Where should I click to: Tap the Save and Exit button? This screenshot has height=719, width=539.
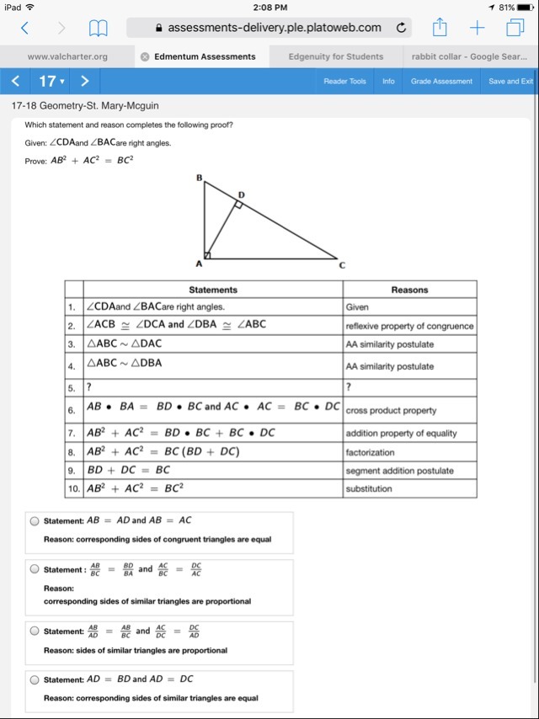pyautogui.click(x=510, y=82)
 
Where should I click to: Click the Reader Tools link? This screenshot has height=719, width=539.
pyautogui.click(x=344, y=82)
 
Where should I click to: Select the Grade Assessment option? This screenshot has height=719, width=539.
pyautogui.click(x=441, y=82)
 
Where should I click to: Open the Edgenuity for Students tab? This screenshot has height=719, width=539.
pyautogui.click(x=335, y=56)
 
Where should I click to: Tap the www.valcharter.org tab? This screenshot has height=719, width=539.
pyautogui.click(x=67, y=56)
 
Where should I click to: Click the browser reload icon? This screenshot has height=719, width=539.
pyautogui.click(x=402, y=28)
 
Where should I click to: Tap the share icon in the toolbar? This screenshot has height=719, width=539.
pyautogui.click(x=440, y=28)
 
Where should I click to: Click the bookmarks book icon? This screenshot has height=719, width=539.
pyautogui.click(x=99, y=29)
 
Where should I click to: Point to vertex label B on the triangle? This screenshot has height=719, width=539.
pyautogui.click(x=200, y=178)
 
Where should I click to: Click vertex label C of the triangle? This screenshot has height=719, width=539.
pyautogui.click(x=342, y=264)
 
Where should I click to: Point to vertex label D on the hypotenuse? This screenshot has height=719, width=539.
pyautogui.click(x=242, y=195)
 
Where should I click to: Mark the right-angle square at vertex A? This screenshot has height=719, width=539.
pyautogui.click(x=208, y=254)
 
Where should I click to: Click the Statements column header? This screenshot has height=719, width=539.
pyautogui.click(x=213, y=290)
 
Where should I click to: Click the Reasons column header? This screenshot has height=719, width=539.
pyautogui.click(x=409, y=290)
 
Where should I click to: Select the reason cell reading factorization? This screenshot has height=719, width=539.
pyautogui.click(x=369, y=452)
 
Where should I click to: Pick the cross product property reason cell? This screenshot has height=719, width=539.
pyautogui.click(x=391, y=411)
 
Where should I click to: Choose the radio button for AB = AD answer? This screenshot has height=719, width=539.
pyautogui.click(x=35, y=521)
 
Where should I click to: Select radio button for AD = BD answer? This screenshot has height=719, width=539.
pyautogui.click(x=35, y=679)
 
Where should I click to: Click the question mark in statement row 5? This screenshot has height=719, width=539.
pyautogui.click(x=90, y=388)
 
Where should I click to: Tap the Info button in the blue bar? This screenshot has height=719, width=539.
pyautogui.click(x=388, y=82)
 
